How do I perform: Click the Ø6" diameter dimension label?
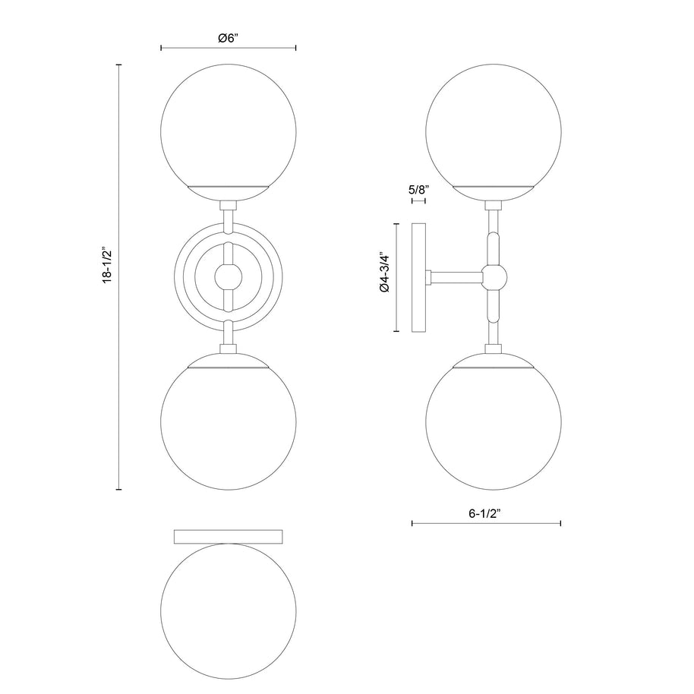tap(229, 39)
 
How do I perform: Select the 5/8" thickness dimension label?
tap(418, 190)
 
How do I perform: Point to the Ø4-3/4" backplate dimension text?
tap(385, 277)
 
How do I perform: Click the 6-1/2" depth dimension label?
tap(486, 513)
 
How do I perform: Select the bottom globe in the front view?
tap(229, 429)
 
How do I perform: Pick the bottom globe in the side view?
tap(494, 429)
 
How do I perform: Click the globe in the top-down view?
tap(229, 604)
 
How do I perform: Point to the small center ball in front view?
tap(229, 277)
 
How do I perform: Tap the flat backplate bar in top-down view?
tap(229, 536)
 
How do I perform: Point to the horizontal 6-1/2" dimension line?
tap(486, 523)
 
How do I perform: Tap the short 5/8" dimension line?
tap(418, 201)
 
